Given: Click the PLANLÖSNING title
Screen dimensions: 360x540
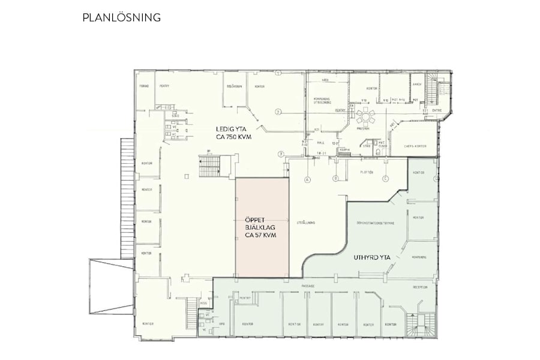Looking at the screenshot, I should pyautogui.click(x=122, y=17).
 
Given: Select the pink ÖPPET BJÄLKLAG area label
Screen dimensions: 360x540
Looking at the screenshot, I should pyautogui.click(x=261, y=227).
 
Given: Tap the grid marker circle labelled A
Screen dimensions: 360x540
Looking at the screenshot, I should pyautogui.click(x=308, y=179).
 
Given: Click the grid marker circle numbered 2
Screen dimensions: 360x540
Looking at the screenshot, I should pyautogui.click(x=278, y=112).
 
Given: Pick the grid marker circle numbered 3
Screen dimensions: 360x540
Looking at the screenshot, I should pyautogui.click(x=280, y=154).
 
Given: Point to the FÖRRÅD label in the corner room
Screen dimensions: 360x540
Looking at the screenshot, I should pyautogui.click(x=144, y=86).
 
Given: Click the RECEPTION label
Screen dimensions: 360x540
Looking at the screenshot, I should pyautogui.click(x=419, y=287).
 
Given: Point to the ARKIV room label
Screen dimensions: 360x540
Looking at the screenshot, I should pyautogui.click(x=418, y=85).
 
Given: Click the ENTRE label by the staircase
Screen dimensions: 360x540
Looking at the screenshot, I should pyautogui.click(x=436, y=110).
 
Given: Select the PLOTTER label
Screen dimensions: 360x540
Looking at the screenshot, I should pyautogui.click(x=367, y=172).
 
